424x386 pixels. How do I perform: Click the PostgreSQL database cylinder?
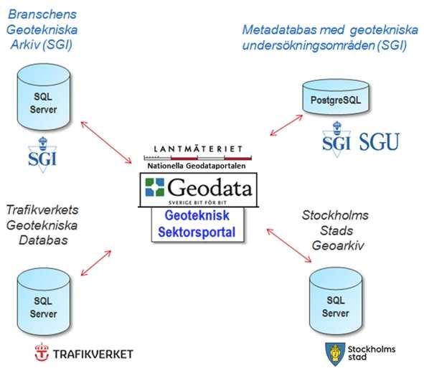(x=336, y=97)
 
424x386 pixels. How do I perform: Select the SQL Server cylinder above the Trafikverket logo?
(x=44, y=302)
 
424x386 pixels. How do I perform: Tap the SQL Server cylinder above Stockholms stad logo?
(x=336, y=301)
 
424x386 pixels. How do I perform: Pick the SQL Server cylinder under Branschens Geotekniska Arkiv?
(x=44, y=98)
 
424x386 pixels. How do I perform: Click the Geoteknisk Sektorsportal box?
(x=197, y=225)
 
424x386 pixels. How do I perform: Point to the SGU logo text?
(x=379, y=141)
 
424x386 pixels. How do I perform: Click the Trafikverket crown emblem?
(x=42, y=352)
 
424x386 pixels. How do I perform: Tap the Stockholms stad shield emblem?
(x=335, y=354)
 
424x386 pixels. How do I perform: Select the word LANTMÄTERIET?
(x=198, y=149)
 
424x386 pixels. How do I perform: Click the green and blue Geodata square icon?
(x=155, y=187)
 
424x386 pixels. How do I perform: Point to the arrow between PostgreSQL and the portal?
(x=286, y=125)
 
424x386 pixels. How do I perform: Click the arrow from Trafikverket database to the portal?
(x=96, y=263)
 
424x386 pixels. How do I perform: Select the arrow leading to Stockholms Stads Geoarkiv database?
(x=289, y=245)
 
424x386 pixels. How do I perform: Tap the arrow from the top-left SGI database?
(x=106, y=142)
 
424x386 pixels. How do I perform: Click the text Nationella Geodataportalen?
(x=197, y=166)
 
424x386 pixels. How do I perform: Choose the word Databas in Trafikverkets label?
(x=43, y=240)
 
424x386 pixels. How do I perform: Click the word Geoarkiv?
(x=338, y=245)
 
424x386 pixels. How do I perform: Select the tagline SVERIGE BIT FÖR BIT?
(x=198, y=202)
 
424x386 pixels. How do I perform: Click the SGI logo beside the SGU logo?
(x=336, y=140)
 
